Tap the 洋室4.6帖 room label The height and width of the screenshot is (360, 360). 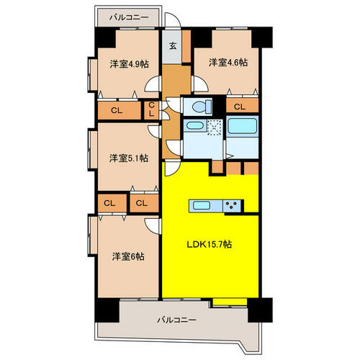(x=228, y=63)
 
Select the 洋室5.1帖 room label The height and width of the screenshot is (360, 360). (x=129, y=158)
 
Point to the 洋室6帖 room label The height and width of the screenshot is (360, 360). (x=128, y=256)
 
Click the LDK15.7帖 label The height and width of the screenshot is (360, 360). (x=210, y=245)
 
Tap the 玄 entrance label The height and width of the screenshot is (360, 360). (x=172, y=45)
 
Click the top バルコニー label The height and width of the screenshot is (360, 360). (x=129, y=17)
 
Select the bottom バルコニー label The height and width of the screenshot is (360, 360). (x=176, y=320)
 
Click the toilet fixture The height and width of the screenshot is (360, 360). (x=201, y=107)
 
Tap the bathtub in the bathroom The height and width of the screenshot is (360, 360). (x=242, y=126)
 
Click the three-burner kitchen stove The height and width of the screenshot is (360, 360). (x=232, y=206)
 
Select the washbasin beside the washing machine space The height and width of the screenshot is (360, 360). (x=194, y=125)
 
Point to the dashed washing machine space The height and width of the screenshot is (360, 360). (x=215, y=127)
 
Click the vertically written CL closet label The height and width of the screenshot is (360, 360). (x=151, y=109)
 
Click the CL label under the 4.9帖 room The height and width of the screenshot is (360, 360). (x=117, y=110)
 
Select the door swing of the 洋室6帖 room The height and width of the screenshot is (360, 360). (x=152, y=226)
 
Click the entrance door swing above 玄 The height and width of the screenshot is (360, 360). (x=173, y=19)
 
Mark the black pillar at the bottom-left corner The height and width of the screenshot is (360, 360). (x=107, y=310)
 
